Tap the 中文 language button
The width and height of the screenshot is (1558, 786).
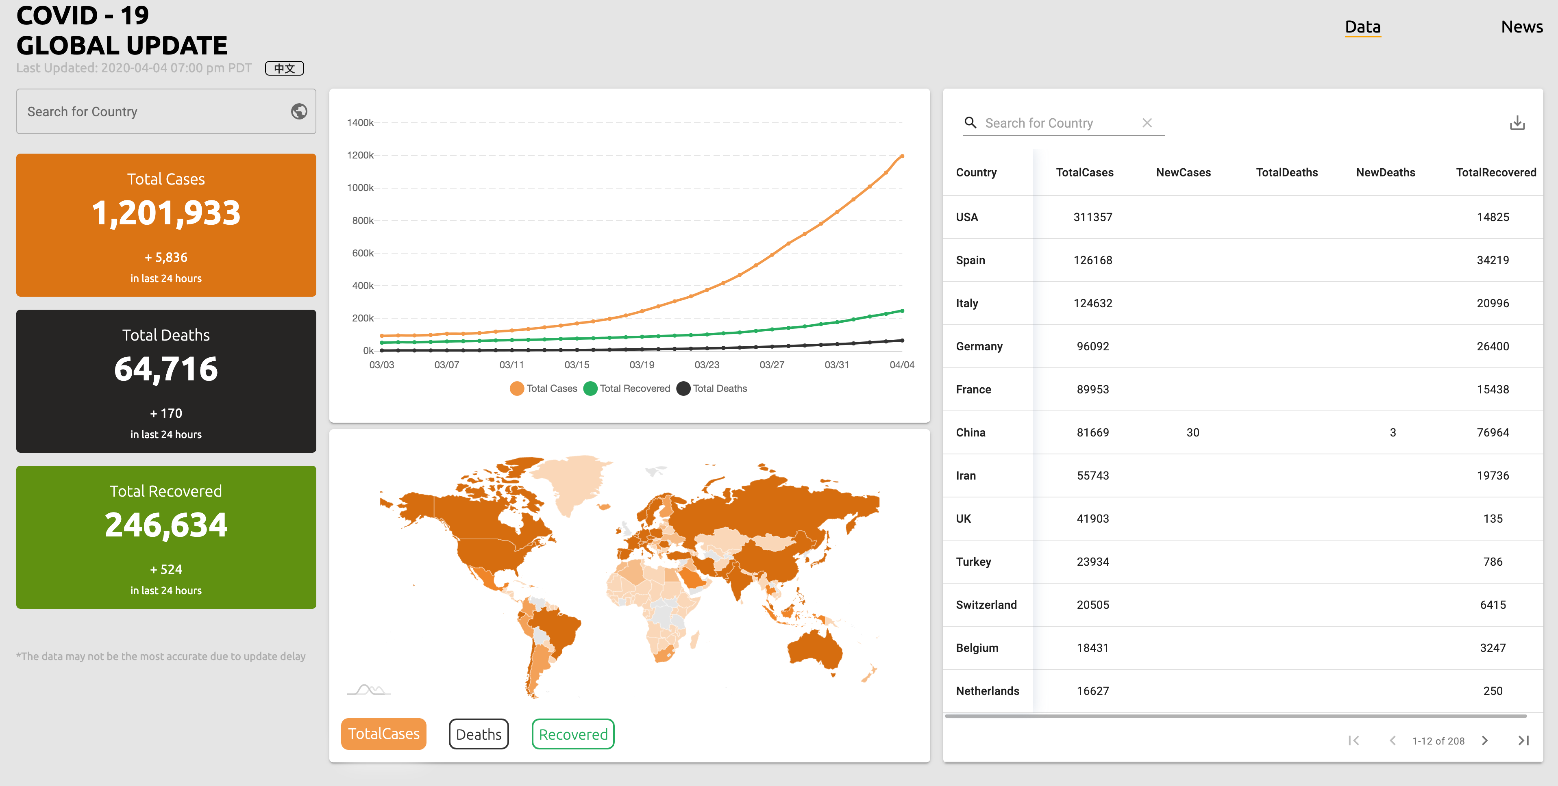284,68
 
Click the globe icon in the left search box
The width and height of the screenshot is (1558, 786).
299,111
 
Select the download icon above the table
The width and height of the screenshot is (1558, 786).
1517,123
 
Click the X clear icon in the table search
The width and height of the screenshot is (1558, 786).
1147,123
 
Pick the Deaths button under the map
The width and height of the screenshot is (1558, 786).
479,734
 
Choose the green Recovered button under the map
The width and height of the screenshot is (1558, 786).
573,734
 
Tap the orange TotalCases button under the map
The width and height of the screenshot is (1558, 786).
383,734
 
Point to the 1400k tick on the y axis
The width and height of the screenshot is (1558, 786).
361,123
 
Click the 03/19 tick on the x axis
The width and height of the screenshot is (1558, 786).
642,365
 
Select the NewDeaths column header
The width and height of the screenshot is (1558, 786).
1385,172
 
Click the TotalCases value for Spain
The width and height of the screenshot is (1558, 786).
1092,260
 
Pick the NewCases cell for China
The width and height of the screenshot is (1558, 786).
1192,432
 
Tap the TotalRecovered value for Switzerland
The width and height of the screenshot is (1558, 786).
1492,605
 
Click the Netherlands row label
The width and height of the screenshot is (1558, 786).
987,690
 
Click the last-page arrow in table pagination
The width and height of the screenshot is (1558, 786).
1523,740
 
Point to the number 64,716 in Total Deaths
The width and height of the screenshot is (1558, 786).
166,369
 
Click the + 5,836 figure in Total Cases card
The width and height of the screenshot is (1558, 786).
166,258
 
